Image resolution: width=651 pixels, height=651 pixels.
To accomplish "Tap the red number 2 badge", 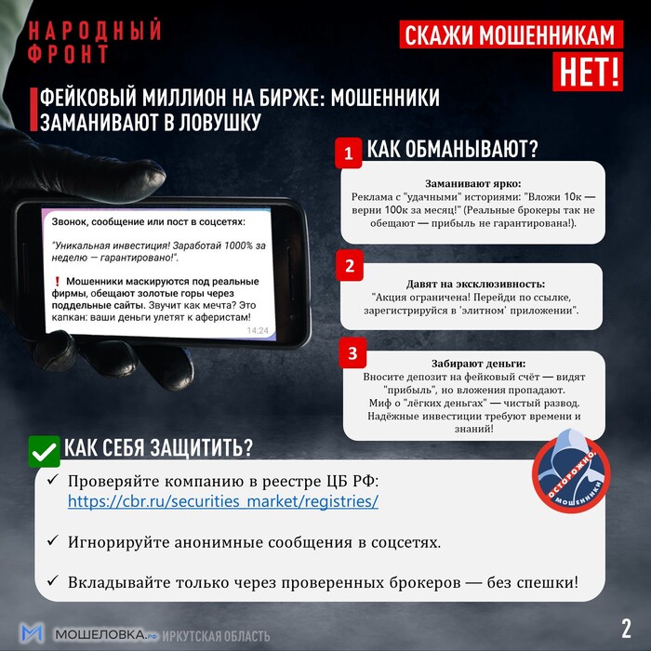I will click(x=350, y=266).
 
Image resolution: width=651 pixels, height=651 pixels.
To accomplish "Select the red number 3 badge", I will click(x=352, y=353).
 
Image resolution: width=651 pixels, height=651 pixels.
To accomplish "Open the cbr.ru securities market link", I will click(x=223, y=501).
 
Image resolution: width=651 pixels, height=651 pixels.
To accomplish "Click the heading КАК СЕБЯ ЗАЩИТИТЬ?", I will click(x=158, y=448).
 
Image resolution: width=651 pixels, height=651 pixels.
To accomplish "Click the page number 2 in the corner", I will click(x=626, y=625).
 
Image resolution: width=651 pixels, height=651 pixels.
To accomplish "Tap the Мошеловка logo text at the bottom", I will click(x=100, y=635).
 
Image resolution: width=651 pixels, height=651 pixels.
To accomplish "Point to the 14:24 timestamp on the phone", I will click(x=257, y=330).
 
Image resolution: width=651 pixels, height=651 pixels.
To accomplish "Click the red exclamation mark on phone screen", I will click(x=58, y=282).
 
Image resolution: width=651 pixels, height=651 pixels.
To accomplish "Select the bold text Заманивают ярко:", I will click(x=473, y=183).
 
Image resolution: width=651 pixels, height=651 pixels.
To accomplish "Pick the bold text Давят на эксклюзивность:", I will click(x=474, y=283).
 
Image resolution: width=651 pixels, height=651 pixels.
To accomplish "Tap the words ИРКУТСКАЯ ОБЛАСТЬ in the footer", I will click(x=217, y=636).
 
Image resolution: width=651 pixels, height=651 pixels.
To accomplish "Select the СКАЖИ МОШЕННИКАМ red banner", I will click(x=511, y=35).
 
